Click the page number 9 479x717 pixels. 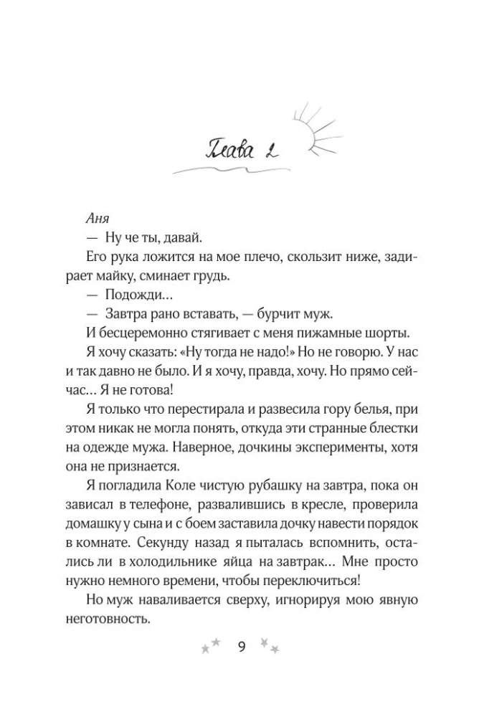pos(240,648)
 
